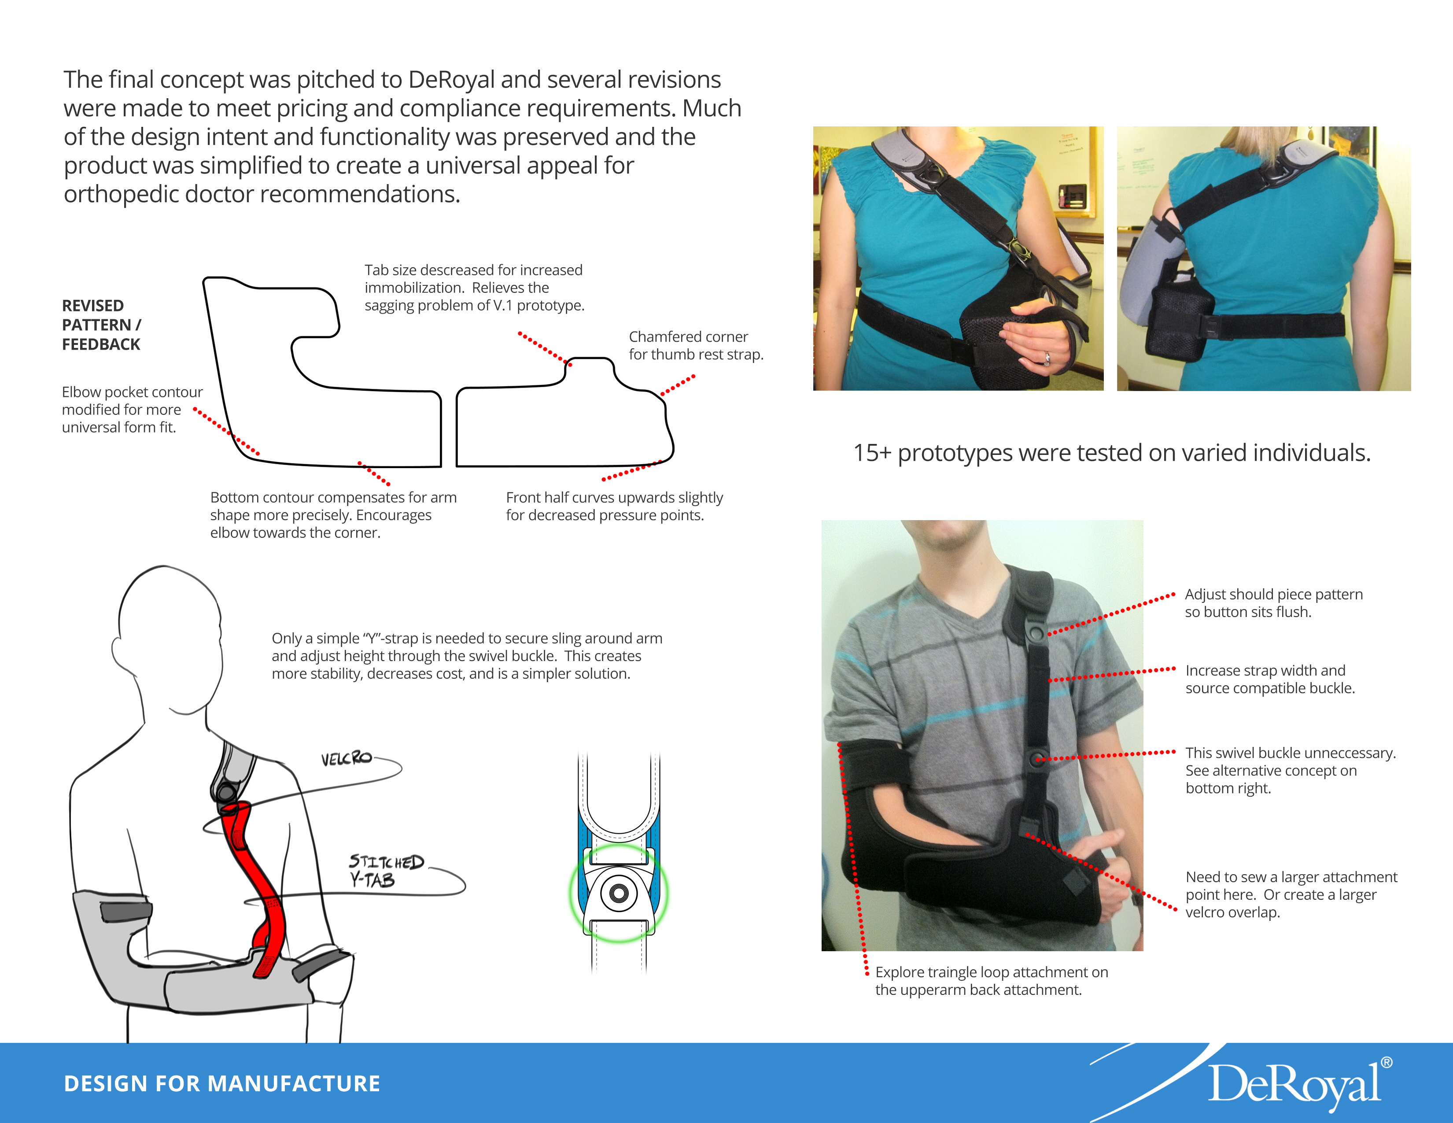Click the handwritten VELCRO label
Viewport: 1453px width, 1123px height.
pyautogui.click(x=346, y=758)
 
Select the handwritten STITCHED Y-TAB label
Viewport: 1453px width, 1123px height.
pyautogui.click(x=386, y=871)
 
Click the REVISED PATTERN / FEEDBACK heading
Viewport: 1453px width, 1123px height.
pyautogui.click(x=101, y=325)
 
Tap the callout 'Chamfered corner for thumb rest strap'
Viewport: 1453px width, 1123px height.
pyautogui.click(x=696, y=345)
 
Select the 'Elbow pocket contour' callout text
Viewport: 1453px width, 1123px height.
pyautogui.click(x=132, y=409)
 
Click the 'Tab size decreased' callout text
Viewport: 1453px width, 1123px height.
pyautogui.click(x=474, y=288)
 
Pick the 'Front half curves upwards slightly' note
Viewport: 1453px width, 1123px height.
pyautogui.click(x=614, y=506)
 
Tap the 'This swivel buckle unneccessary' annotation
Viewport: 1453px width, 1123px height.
pyautogui.click(x=1291, y=770)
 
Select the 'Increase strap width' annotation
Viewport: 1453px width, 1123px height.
pyautogui.click(x=1270, y=679)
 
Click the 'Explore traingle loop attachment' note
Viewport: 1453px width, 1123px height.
pyautogui.click(x=991, y=981)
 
